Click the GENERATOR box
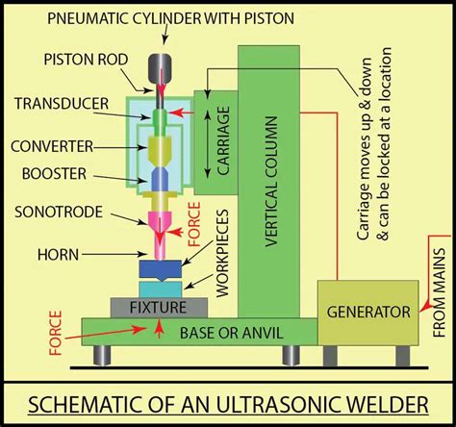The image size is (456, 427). click(367, 312)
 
